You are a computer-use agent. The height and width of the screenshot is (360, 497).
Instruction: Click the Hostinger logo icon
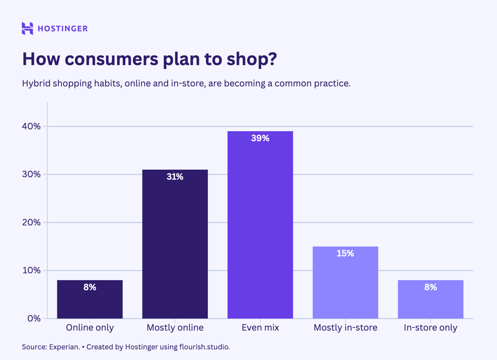tap(27, 29)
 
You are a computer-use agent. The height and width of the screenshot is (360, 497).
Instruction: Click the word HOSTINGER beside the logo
tap(62, 29)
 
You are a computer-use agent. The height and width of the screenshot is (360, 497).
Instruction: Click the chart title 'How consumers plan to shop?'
tap(149, 60)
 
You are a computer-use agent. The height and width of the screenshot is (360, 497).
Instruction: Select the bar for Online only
tap(90, 300)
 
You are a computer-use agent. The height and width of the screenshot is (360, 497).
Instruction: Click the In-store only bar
tap(430, 302)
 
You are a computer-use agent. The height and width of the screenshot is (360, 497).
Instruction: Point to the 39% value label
tap(260, 138)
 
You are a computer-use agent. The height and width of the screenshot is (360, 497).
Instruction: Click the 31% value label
tap(175, 177)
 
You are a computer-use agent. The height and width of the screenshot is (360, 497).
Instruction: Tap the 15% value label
tap(345, 254)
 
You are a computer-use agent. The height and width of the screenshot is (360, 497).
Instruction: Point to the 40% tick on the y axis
tap(31, 127)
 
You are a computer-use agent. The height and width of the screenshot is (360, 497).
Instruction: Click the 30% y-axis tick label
tap(31, 174)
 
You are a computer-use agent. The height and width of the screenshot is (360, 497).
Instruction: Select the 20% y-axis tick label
tap(31, 223)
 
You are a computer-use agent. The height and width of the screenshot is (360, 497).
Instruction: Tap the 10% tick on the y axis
tap(31, 270)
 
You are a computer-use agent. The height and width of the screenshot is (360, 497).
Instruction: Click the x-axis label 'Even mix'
tap(260, 328)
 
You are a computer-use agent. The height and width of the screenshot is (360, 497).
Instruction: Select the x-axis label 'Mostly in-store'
tap(345, 328)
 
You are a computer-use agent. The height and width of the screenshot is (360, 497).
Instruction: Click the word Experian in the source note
tap(65, 347)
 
